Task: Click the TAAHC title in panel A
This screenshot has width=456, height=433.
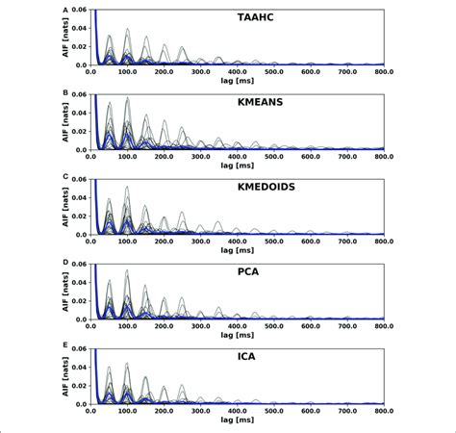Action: tap(237, 17)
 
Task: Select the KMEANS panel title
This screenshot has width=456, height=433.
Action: tap(237, 100)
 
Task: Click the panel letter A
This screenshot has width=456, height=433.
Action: tap(65, 9)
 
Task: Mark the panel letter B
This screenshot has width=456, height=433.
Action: tap(65, 92)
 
